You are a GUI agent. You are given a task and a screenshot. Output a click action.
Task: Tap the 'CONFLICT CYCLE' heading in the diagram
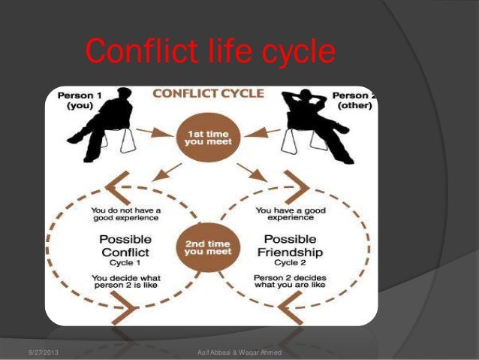(208, 94)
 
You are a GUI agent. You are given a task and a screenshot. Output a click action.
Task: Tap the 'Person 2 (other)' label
(351, 101)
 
